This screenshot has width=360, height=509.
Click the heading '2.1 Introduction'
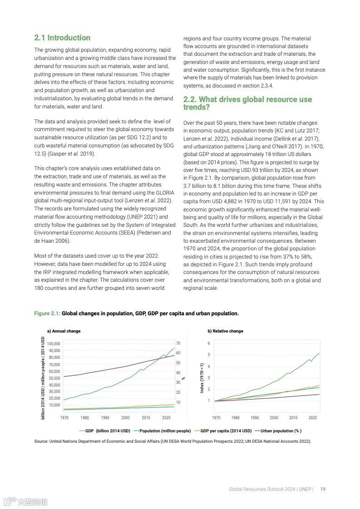click(62, 38)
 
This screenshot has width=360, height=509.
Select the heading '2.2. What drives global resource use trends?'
click(247, 103)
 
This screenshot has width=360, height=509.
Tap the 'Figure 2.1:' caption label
click(47, 313)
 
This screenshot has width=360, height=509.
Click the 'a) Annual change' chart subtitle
click(64, 331)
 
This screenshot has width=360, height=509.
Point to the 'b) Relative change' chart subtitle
click(225, 331)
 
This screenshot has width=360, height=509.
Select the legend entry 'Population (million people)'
click(165, 431)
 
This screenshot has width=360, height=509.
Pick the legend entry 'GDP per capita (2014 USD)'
click(226, 431)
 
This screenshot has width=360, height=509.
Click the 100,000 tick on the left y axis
click(54, 344)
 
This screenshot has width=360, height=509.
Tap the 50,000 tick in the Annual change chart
click(54, 378)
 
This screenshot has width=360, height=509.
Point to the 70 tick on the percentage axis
click(178, 343)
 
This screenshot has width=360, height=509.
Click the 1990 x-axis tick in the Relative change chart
click(255, 417)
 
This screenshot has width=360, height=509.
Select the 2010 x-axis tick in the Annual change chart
click(146, 417)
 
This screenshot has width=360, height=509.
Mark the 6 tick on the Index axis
click(209, 343)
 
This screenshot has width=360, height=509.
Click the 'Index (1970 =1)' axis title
click(202, 377)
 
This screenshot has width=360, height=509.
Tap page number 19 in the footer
click(323, 489)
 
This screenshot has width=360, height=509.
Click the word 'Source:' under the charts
click(41, 441)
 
